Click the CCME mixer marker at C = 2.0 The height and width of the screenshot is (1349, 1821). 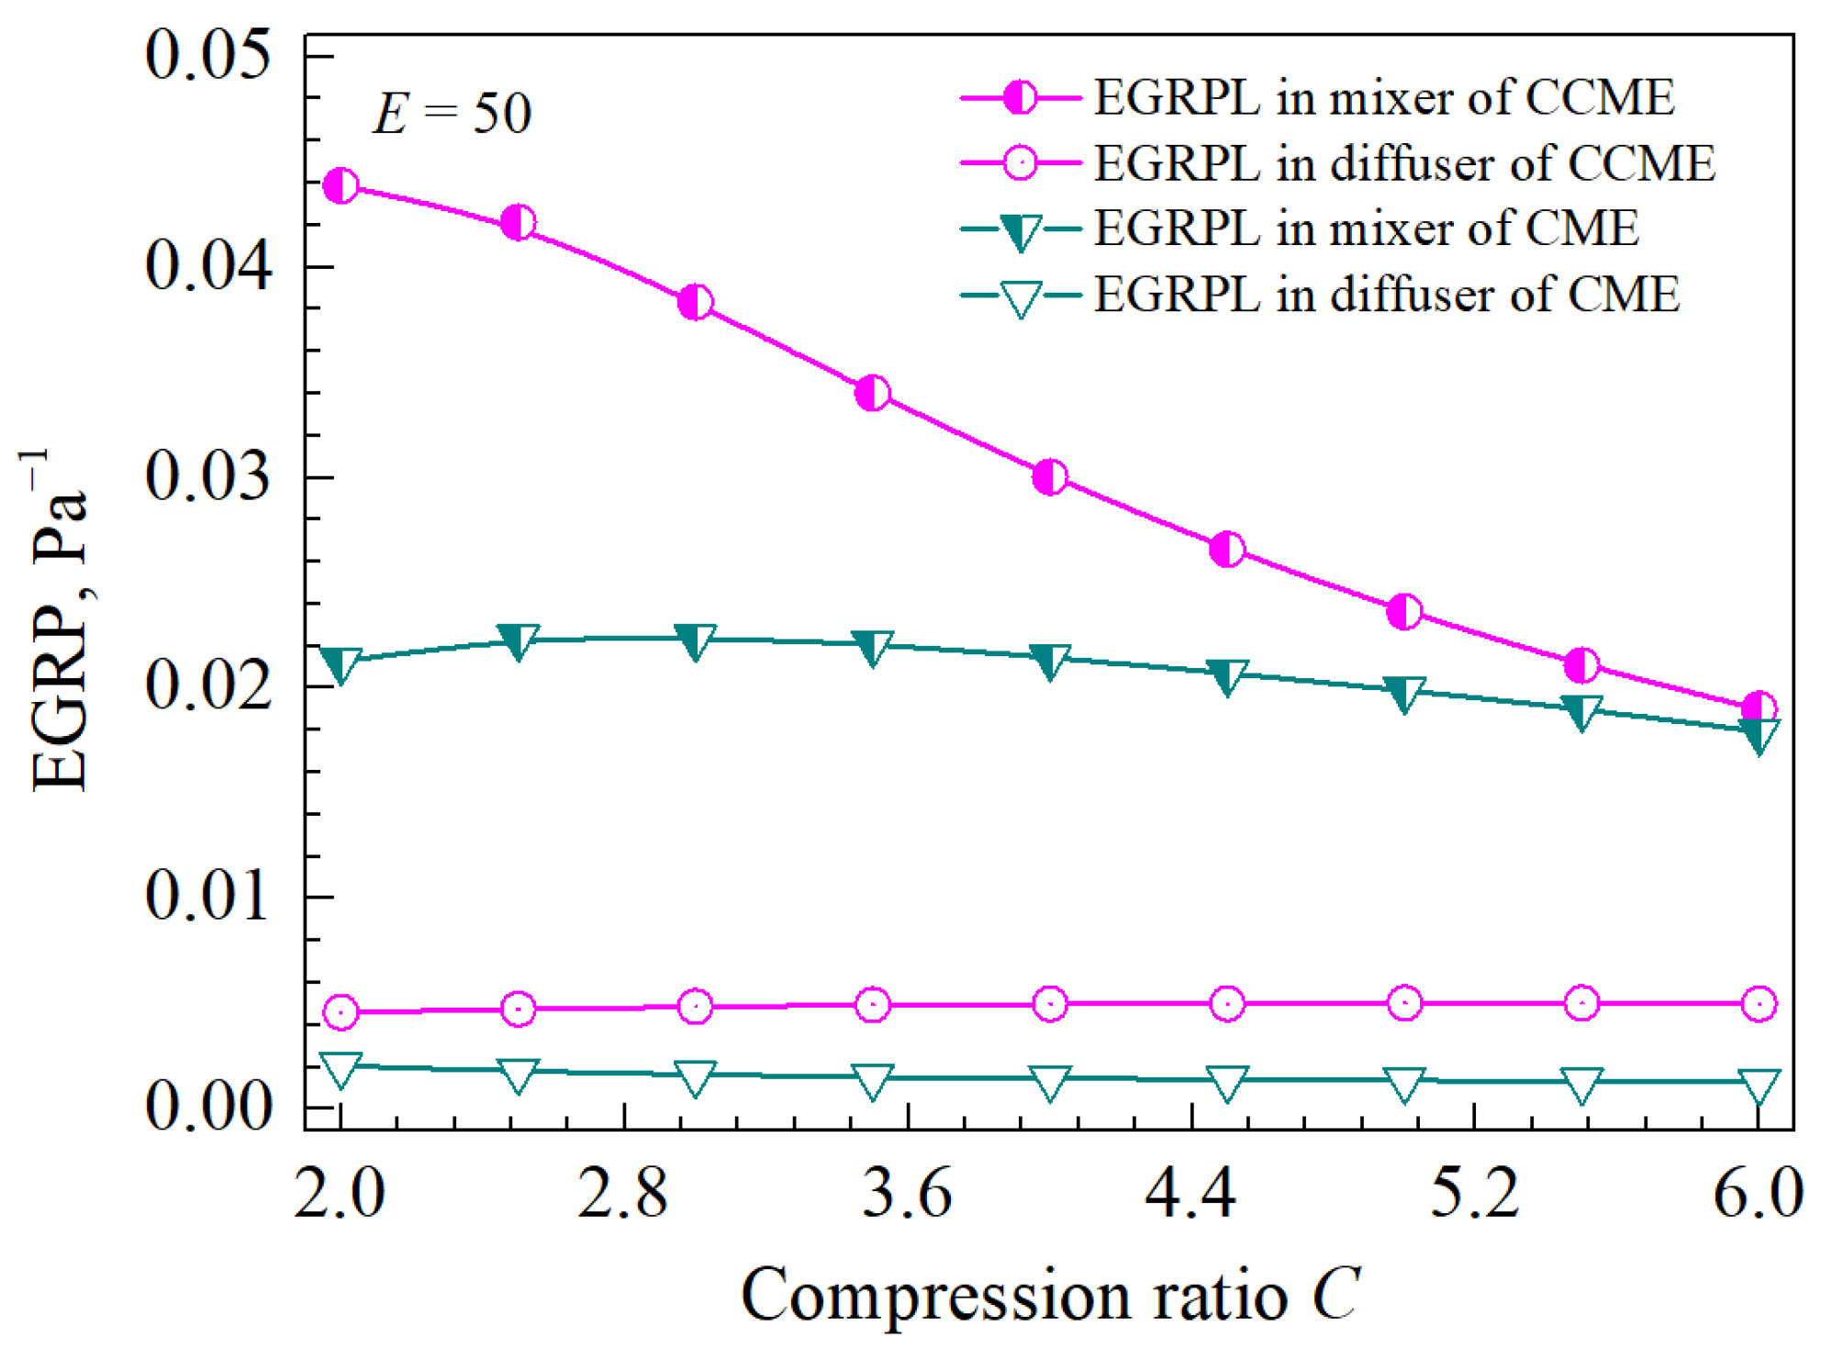[x=341, y=186]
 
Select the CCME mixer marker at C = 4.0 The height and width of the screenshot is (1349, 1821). [x=1050, y=477]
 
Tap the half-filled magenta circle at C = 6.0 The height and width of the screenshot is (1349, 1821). [x=1759, y=708]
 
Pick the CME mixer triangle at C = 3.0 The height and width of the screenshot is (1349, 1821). [x=695, y=641]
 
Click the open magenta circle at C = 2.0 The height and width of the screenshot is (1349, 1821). [x=341, y=1012]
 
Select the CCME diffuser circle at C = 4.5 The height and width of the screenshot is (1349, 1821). [x=1227, y=1004]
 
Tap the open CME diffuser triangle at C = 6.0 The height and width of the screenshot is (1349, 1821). [x=1759, y=1086]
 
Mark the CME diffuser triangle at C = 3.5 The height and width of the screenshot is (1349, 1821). [x=872, y=1081]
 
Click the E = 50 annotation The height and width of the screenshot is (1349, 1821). [x=452, y=114]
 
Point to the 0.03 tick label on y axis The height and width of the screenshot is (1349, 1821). [x=209, y=477]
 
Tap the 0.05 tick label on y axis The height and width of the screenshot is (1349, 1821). [x=209, y=55]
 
